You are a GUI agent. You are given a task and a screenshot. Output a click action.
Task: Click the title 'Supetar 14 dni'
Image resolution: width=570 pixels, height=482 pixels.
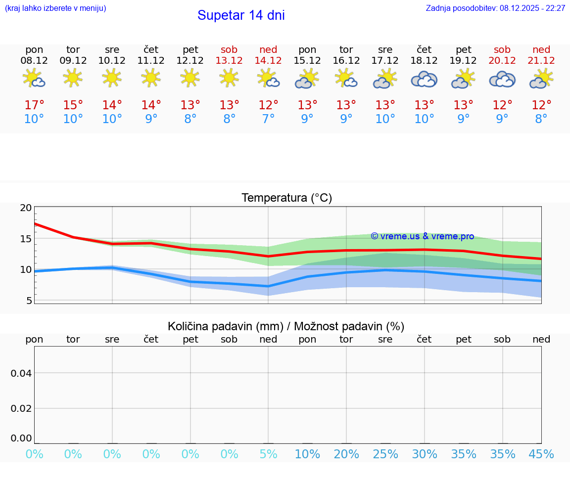241,15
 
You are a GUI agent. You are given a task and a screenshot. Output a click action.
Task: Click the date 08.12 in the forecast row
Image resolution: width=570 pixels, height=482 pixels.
34,61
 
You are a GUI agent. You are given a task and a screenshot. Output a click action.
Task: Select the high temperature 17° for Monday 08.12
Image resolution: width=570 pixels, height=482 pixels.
34,105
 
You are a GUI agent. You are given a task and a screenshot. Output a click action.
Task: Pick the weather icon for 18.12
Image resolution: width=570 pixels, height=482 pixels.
424,80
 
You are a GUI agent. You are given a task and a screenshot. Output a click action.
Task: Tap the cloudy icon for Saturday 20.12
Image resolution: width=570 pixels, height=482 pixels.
502,80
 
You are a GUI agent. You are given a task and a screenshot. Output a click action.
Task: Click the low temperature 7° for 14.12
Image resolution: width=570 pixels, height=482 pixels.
268,119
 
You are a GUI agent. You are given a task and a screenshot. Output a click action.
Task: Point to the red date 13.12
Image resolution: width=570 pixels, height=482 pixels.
229,61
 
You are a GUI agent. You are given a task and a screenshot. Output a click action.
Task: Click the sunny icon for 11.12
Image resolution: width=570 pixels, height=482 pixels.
151,78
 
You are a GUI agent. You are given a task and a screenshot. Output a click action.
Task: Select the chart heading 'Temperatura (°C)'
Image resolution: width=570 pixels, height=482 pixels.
286,198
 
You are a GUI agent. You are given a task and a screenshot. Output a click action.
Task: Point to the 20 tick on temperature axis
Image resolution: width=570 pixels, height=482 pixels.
26,208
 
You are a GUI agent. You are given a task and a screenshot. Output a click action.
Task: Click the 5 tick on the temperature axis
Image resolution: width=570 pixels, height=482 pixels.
29,301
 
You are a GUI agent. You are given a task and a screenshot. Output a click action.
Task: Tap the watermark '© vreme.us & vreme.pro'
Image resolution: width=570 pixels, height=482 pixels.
422,236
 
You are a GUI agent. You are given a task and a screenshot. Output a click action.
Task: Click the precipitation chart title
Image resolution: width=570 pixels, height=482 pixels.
286,326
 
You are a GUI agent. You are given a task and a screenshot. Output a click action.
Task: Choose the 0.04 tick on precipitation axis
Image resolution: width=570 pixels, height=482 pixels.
21,373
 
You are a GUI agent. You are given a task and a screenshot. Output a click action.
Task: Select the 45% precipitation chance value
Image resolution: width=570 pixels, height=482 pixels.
541,454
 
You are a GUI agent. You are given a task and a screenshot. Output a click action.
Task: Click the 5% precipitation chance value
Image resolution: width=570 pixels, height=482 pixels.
268,454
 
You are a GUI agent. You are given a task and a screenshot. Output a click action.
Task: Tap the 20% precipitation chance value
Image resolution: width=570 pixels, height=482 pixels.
346,454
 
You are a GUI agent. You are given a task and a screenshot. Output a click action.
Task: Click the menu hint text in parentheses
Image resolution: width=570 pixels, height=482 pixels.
55,8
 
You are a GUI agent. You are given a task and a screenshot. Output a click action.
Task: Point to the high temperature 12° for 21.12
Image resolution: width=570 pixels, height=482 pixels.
541,105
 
